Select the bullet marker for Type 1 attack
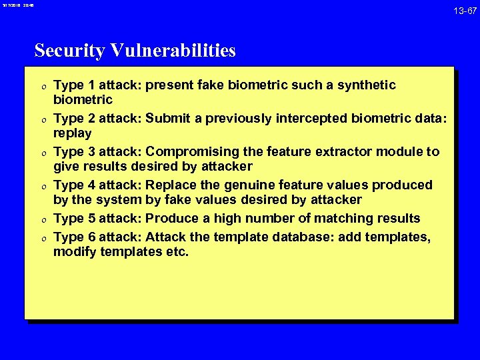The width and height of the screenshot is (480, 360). tap(43, 86)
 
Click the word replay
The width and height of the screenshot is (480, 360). tap(73, 133)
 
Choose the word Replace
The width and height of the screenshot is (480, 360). tap(171, 185)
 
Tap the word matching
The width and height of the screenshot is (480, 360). tap(339, 218)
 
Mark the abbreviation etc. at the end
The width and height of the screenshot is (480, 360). tap(178, 251)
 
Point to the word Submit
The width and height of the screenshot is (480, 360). tap(169, 119)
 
